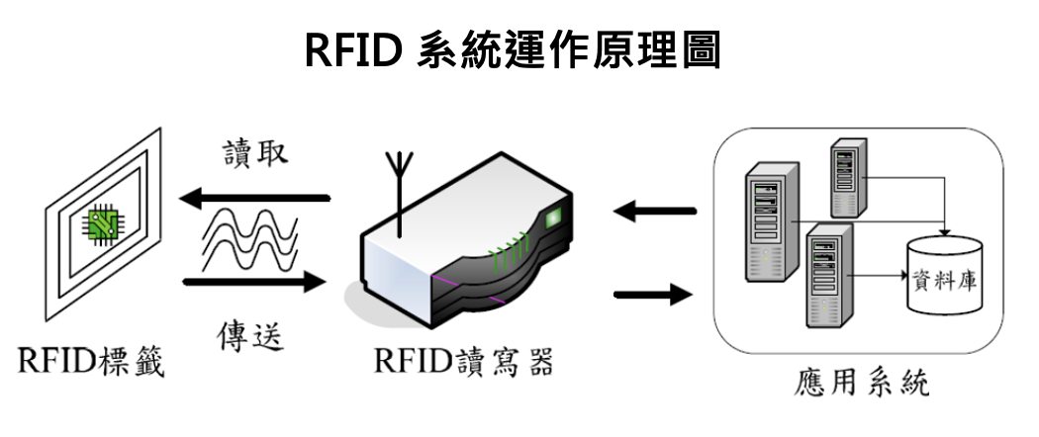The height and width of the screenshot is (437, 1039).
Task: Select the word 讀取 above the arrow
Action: pyautogui.click(x=254, y=154)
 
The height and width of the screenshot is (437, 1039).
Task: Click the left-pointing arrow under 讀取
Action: pyautogui.click(x=253, y=200)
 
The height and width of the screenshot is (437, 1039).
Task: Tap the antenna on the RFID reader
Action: pyautogui.click(x=399, y=193)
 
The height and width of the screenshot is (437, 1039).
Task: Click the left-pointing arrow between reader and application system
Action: pyautogui.click(x=654, y=210)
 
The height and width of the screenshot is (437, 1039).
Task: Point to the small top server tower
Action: pyautogui.click(x=847, y=176)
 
